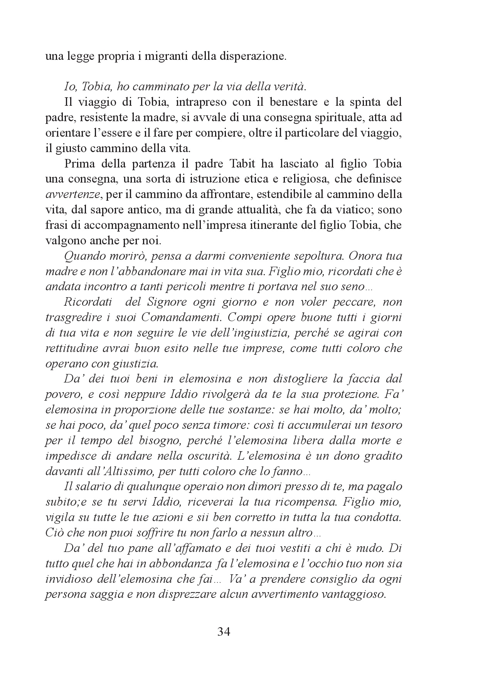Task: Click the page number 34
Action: coord(224,632)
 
